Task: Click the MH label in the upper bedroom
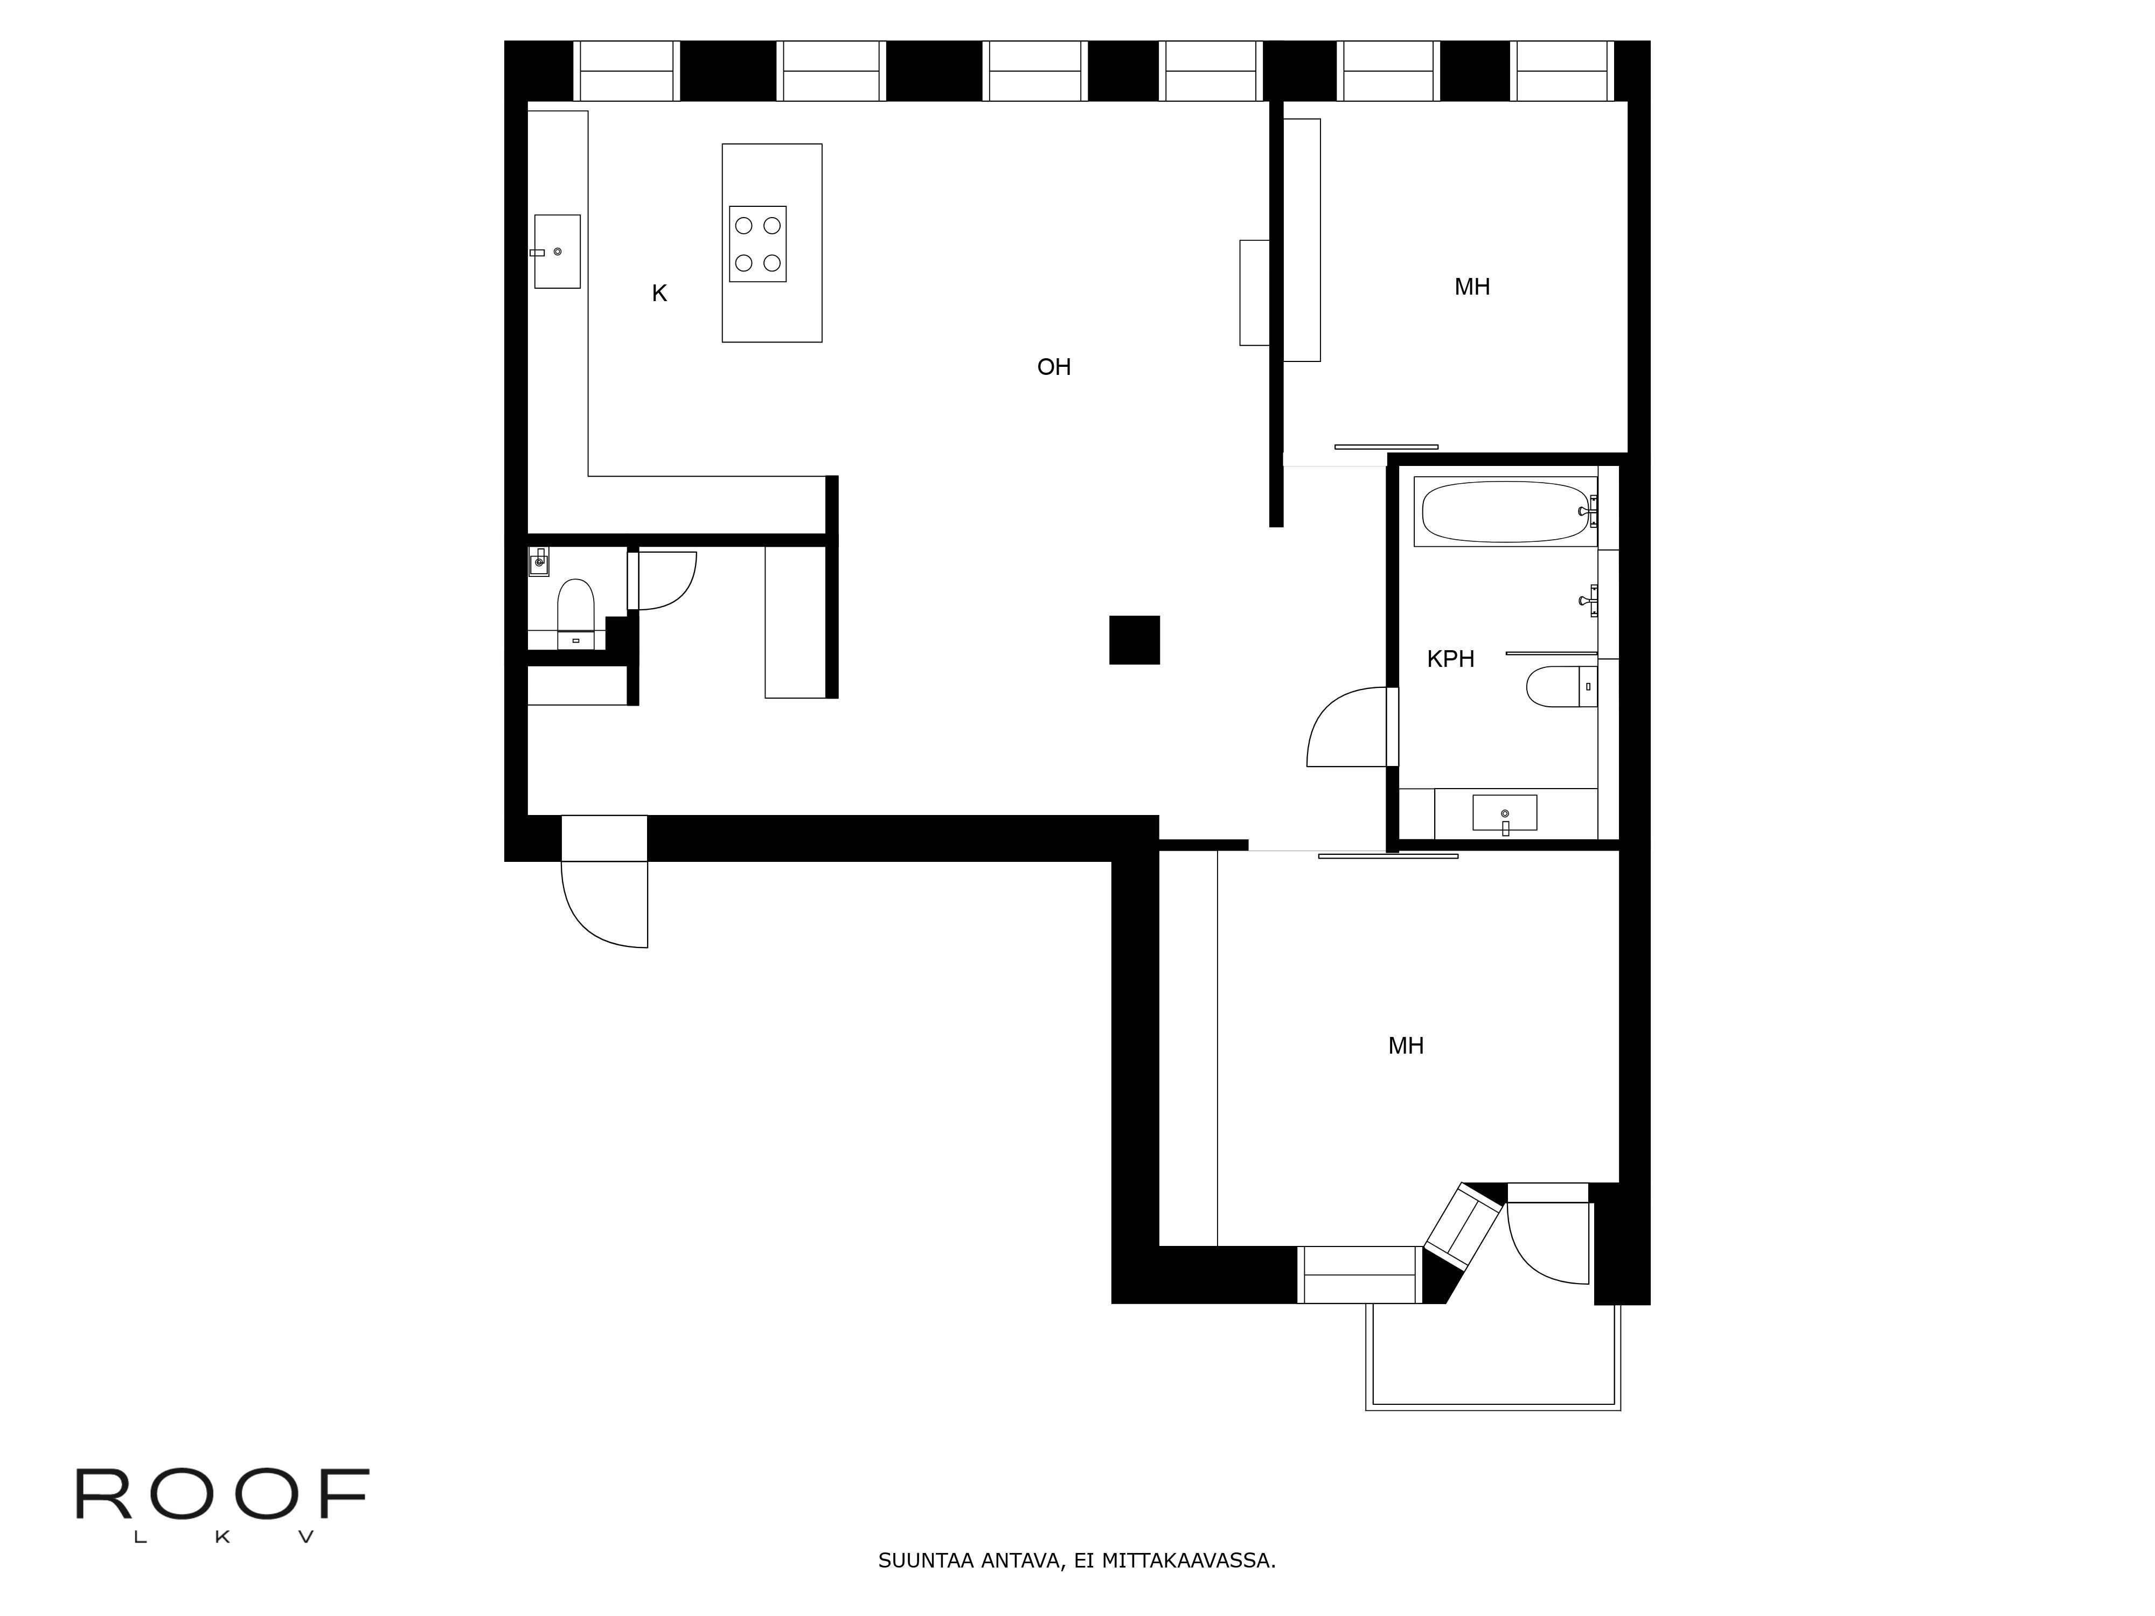click(1471, 287)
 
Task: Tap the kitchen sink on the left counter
click(557, 252)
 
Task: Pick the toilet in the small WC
click(575, 609)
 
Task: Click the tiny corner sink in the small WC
click(539, 561)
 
